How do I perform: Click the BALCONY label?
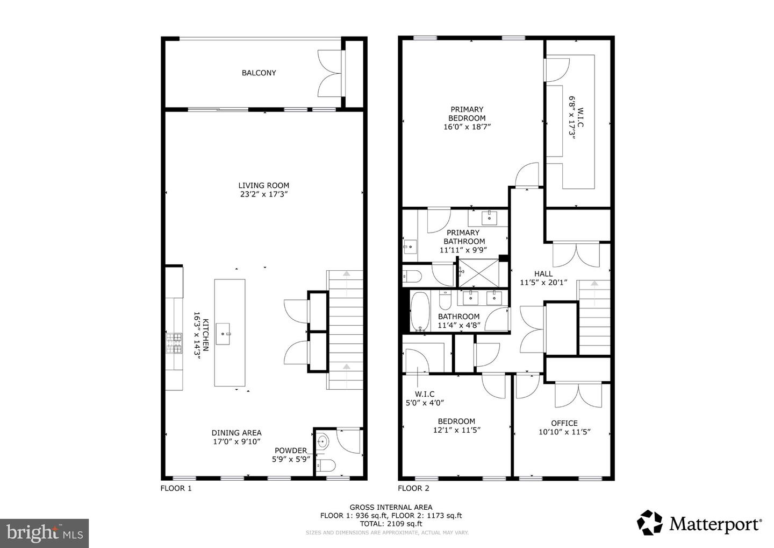[x=259, y=73]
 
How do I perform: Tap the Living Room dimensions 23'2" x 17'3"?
[x=264, y=194]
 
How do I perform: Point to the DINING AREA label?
[x=236, y=433]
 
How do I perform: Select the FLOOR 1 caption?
[x=176, y=488]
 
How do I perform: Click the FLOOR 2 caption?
[x=413, y=488]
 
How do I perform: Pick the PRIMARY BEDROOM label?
[x=467, y=114]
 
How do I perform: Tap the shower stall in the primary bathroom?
[x=477, y=273]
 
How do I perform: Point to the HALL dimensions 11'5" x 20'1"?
[x=543, y=283]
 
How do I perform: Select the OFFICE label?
[x=564, y=423]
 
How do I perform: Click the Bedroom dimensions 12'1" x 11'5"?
[x=456, y=430]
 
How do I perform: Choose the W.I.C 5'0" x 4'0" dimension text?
[x=425, y=402]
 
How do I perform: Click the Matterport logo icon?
[x=650, y=523]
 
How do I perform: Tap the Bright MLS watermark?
[x=44, y=533]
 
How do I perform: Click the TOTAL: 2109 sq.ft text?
[x=391, y=523]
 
